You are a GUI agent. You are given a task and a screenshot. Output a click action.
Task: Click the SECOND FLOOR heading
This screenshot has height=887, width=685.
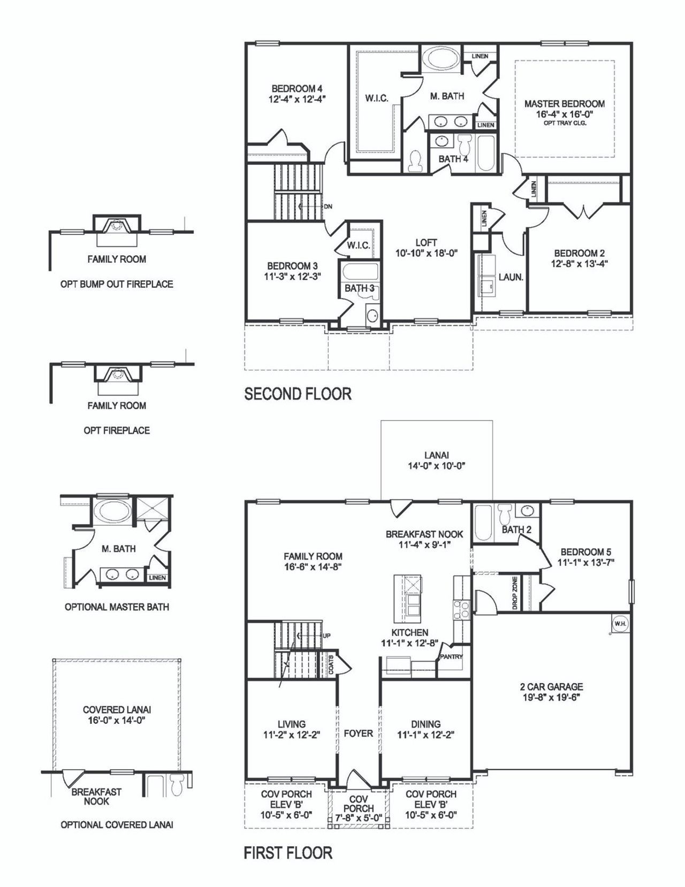coord(298,394)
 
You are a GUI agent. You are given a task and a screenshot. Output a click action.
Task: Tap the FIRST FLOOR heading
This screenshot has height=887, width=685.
coord(288,852)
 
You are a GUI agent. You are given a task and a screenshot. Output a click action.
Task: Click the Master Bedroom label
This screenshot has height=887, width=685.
coord(564,104)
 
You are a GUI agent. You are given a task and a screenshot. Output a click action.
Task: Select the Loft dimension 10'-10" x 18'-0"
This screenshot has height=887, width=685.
coord(426,253)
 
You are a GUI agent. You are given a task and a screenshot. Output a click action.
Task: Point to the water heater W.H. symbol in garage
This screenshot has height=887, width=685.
coord(619,623)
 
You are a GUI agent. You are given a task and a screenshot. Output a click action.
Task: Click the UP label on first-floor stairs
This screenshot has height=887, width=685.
coord(326,636)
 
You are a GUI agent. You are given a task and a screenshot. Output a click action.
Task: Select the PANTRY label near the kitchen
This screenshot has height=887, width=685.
coord(451,656)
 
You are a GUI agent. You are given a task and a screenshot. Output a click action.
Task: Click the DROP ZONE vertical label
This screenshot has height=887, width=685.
coord(514,593)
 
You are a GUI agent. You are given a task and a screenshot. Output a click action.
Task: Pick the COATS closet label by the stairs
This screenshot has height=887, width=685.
coord(332,664)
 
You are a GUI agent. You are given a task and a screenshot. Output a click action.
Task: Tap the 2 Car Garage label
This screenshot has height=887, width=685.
coord(551,686)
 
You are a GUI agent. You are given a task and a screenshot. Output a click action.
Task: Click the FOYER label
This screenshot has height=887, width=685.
coord(358,733)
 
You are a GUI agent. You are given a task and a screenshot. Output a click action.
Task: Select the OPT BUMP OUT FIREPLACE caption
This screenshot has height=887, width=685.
coord(117,284)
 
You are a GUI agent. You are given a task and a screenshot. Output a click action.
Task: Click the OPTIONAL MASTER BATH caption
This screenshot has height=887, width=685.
coord(117,607)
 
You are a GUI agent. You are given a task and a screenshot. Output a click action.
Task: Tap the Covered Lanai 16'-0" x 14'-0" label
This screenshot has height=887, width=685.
coord(117,715)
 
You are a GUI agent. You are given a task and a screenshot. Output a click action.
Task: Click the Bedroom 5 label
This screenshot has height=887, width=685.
coord(585,552)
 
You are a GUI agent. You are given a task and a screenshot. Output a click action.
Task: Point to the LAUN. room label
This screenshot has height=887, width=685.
coord(511,277)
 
